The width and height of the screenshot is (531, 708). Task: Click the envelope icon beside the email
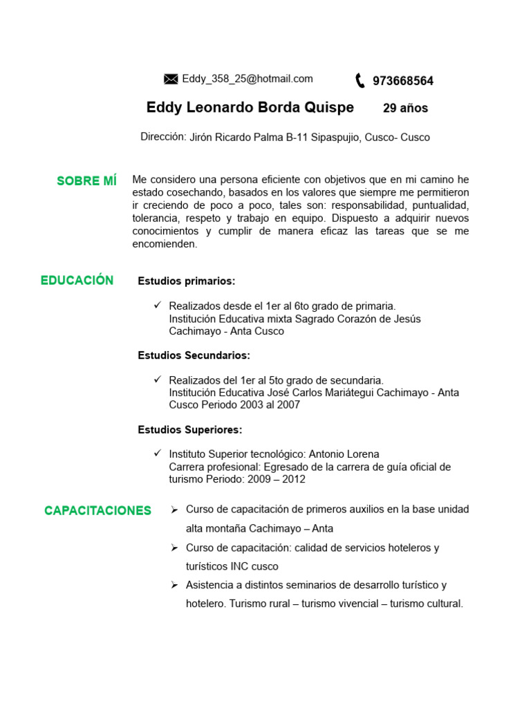tap(171, 80)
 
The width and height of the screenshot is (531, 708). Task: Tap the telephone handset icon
tap(360, 81)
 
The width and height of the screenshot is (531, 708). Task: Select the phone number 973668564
tap(403, 81)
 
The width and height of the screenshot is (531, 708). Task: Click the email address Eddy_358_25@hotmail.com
tap(248, 79)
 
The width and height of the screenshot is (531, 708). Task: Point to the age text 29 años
tap(405, 109)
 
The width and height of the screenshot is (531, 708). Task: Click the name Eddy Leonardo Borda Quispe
tap(250, 108)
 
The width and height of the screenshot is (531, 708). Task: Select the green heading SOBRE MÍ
tap(86, 181)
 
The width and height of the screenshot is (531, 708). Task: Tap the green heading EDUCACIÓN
tap(77, 280)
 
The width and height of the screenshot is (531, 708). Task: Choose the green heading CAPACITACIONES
tap(97, 511)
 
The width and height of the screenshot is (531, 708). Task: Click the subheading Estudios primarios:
tap(187, 281)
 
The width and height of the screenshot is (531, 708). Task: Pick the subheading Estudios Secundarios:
tap(194, 355)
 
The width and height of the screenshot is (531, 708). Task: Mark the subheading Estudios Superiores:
tap(190, 430)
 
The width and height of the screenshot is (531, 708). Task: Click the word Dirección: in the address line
tap(163, 137)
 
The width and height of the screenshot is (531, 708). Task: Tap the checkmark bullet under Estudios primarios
tap(157, 305)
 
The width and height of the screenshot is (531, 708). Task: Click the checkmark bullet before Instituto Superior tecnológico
tap(157, 454)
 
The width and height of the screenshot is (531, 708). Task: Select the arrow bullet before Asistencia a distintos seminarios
tap(175, 585)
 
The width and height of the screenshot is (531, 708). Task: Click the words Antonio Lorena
tap(344, 454)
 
